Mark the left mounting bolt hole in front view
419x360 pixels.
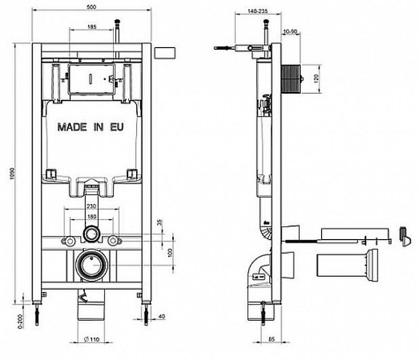click(x=69, y=241)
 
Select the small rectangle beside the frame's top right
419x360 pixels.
click(x=166, y=53)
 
